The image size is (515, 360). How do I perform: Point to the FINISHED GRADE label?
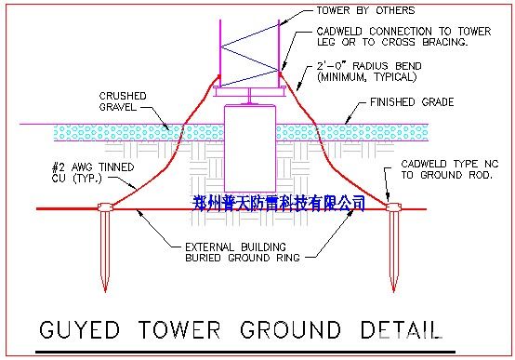[x=412, y=102]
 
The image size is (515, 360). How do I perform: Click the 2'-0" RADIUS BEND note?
[x=369, y=72]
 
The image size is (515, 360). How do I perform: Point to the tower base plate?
[x=249, y=92]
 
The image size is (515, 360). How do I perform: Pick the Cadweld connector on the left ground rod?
[x=102, y=207]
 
